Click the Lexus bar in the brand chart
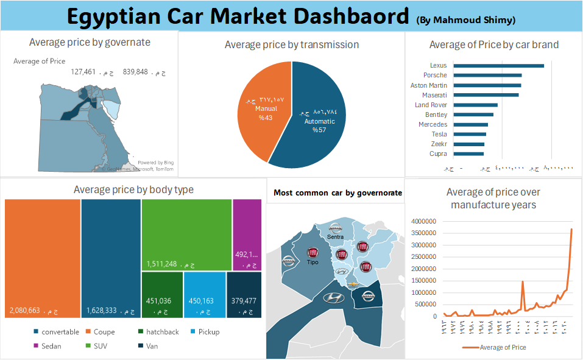point(498,66)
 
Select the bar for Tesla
point(470,135)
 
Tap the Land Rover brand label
point(431,105)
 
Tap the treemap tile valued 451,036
point(162,295)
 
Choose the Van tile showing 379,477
point(244,295)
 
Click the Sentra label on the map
point(335,236)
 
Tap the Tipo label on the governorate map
point(313,263)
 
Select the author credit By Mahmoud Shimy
point(466,20)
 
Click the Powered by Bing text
point(155,163)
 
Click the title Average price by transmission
point(292,44)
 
